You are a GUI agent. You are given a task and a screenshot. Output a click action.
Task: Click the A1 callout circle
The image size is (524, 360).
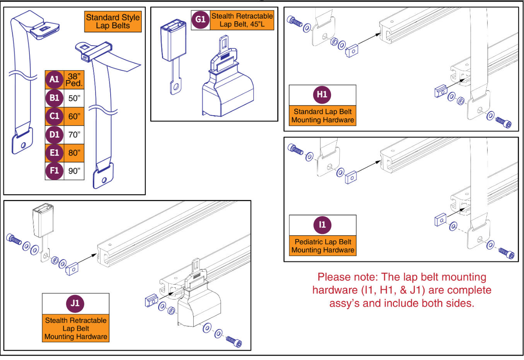coord(54,80)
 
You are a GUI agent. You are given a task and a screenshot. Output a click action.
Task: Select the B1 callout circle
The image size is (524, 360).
coord(54,98)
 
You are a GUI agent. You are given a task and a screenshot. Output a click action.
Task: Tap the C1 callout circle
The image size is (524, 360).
coord(54,116)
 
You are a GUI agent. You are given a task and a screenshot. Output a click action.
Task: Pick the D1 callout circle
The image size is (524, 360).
coord(54,135)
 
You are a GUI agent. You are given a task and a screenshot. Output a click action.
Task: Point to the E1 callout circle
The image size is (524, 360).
coord(54,153)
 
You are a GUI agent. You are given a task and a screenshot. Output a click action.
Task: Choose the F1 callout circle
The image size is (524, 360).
coord(54,171)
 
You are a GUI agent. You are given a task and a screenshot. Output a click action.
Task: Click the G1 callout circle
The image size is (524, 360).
coord(200,20)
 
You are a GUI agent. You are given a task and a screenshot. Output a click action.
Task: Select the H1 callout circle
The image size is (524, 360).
coord(322,95)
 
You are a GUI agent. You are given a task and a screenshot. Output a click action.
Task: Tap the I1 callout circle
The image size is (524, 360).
coord(322,225)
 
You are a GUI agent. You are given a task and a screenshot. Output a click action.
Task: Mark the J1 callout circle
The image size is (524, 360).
coord(75,303)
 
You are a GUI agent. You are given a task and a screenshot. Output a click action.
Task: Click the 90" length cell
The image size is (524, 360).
coord(74,171)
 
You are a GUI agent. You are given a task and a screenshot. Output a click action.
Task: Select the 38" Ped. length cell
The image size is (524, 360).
coord(74,80)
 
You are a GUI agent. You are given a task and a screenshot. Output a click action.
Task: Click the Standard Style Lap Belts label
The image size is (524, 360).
coord(113,22)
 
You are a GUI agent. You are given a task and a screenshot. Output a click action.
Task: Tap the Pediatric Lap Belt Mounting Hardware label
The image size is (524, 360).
coord(323,246)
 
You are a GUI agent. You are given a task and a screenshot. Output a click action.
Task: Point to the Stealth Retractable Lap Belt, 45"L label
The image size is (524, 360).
coord(242,20)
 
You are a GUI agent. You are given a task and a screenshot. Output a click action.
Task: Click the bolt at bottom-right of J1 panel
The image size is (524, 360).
coord(234,341)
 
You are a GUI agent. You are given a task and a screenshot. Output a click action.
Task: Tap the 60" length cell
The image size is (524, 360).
coord(74,116)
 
